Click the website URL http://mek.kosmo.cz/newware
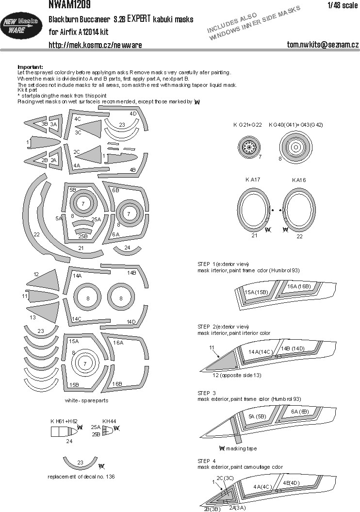[95, 45]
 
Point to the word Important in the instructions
[30, 66]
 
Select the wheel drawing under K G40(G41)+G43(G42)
[295, 146]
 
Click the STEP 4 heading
[207, 461]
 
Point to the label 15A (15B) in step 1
[256, 293]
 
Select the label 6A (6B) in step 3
[301, 411]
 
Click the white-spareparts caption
[86, 401]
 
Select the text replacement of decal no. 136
[82, 477]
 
